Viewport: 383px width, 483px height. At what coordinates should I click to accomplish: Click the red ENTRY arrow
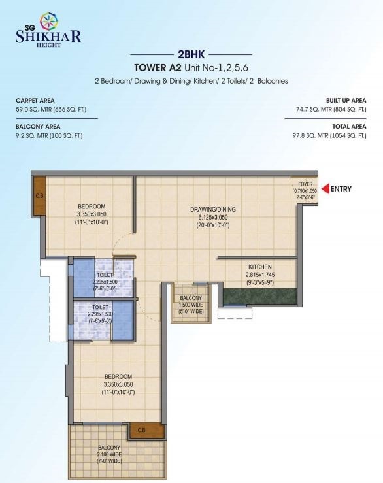point(325,188)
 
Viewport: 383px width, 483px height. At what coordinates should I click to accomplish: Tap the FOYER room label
point(305,184)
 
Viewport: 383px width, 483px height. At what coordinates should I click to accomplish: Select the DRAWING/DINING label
point(213,209)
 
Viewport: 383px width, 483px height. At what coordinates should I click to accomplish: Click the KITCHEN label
point(260,267)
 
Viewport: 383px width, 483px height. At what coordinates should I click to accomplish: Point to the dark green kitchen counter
point(259,297)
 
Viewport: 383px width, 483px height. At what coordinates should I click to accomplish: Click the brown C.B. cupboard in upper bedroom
point(39,195)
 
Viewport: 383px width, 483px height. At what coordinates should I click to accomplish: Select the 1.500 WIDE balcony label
point(191,305)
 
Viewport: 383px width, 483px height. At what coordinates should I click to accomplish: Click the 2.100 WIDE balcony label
point(109,454)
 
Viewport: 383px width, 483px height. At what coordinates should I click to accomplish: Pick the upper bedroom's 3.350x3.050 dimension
point(92,214)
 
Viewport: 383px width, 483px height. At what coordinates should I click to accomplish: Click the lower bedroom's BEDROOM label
point(118,376)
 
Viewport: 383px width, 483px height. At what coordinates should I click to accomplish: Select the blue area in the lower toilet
point(123,320)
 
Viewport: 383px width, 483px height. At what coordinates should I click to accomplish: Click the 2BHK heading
point(191,54)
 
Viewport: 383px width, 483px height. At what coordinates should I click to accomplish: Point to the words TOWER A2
point(158,67)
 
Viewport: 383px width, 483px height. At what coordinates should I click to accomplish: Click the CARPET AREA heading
point(35,101)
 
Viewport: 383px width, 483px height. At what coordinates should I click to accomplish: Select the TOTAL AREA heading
point(349,127)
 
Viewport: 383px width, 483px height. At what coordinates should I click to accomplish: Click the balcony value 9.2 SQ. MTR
point(32,135)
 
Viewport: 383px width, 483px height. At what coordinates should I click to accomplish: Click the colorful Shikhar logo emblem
point(49,22)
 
